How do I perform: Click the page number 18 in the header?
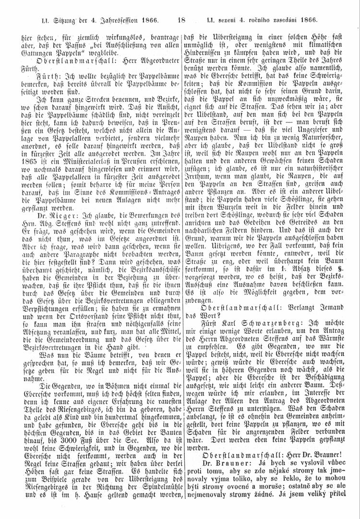(x=181, y=20)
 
